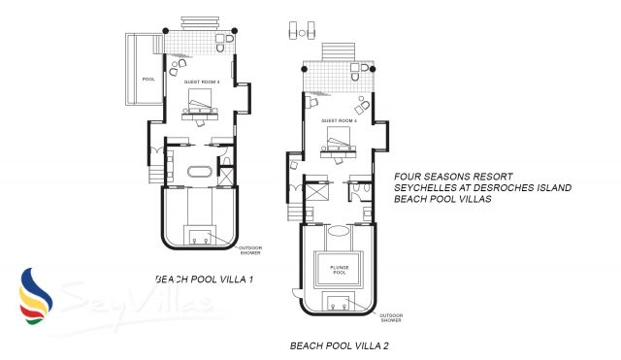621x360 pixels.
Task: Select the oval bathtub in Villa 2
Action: click(x=339, y=233)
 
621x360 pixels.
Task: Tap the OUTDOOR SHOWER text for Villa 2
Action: click(x=391, y=316)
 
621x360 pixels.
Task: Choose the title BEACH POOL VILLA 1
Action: click(x=204, y=278)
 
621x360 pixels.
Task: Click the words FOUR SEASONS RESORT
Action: click(x=445, y=177)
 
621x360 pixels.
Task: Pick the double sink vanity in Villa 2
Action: click(x=339, y=304)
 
